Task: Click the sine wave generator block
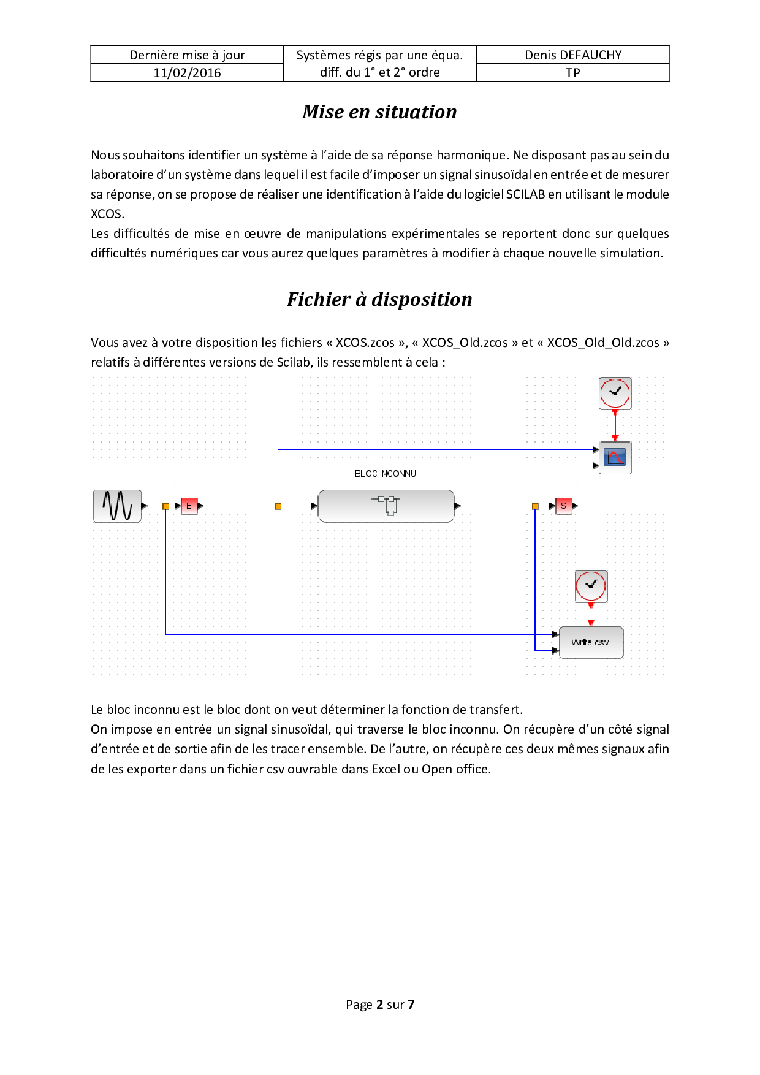click(117, 506)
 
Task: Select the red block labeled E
click(189, 506)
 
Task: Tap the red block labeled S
click(563, 506)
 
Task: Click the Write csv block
click(591, 642)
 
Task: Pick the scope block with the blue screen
click(615, 457)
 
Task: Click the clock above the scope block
click(615, 393)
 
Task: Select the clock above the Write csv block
click(591, 586)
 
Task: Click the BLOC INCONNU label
click(385, 474)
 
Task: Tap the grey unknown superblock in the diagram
click(386, 506)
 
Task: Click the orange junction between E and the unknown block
click(278, 506)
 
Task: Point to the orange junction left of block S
click(535, 506)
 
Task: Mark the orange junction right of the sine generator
click(165, 506)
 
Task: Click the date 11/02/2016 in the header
click(187, 73)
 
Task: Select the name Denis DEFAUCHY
click(573, 55)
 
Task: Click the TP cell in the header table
click(573, 73)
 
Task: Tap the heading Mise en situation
click(379, 112)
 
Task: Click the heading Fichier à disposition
click(379, 299)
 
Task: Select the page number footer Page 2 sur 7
click(380, 1005)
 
